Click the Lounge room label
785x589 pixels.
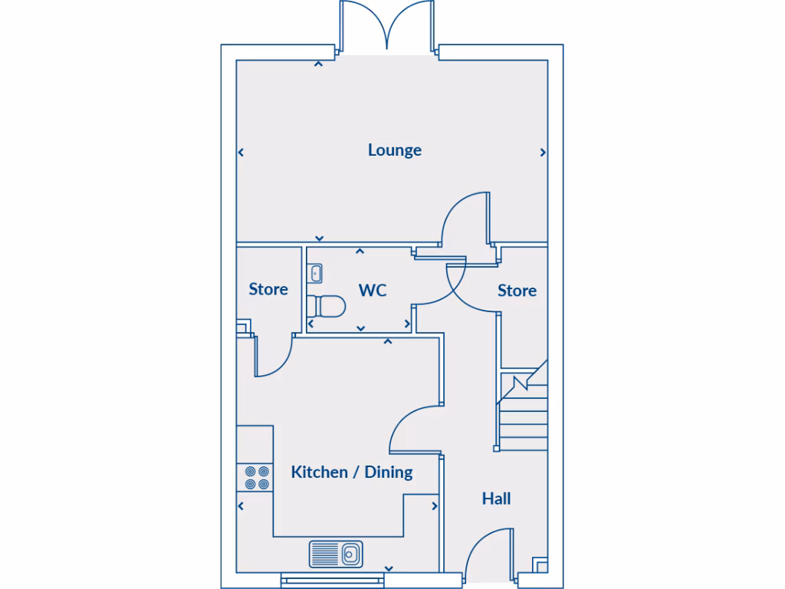pos(394,150)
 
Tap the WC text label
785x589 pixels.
pos(373,291)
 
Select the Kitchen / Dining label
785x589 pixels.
pos(352,472)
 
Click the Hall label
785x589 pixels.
pos(496,499)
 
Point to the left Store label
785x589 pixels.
pos(268,289)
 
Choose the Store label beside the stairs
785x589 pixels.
pos(517,291)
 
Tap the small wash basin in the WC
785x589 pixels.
pos(315,272)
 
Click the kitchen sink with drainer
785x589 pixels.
pos(336,553)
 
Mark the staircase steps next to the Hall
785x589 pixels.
pos(524,414)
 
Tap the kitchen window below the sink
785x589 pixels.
pos(333,581)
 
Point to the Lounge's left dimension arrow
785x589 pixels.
pos(241,153)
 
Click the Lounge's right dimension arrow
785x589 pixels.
pos(543,153)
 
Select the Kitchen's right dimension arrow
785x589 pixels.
pos(434,506)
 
